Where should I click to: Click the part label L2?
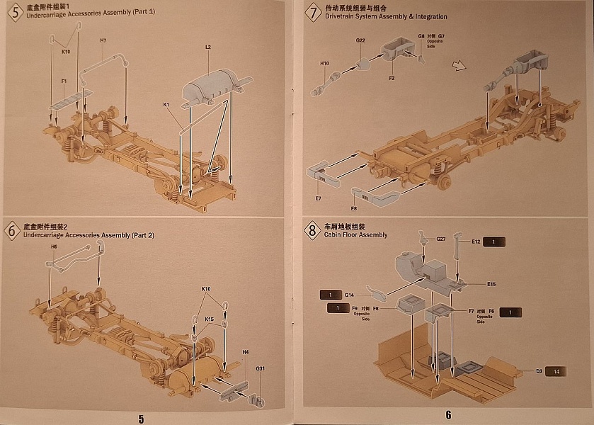click(208, 47)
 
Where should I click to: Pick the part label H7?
click(103, 40)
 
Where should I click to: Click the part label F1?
click(64, 81)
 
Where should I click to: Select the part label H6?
click(54, 246)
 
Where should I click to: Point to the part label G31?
click(260, 368)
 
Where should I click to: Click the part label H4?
click(246, 352)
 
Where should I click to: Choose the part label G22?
click(360, 40)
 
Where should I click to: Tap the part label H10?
click(324, 64)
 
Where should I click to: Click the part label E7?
click(318, 198)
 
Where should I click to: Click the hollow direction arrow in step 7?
click(459, 66)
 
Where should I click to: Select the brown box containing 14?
click(557, 371)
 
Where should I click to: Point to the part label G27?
click(440, 239)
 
